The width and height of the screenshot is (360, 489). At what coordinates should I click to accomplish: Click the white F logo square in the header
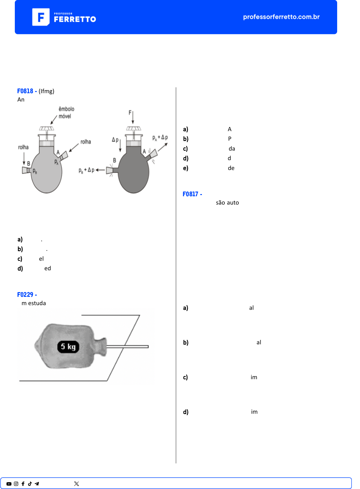point(41,17)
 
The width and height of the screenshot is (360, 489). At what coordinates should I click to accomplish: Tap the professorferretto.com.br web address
point(281,17)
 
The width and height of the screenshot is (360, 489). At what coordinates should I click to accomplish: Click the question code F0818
point(25,91)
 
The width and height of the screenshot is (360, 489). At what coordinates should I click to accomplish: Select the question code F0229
point(25,295)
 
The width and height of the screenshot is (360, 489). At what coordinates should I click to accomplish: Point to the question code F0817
point(190,194)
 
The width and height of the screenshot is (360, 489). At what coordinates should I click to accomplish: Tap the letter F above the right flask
point(130,113)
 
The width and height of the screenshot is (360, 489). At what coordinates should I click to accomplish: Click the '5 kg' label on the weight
point(68,346)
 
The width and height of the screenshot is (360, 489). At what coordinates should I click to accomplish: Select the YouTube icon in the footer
point(9,484)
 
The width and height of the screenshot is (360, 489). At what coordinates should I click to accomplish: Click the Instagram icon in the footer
point(16,484)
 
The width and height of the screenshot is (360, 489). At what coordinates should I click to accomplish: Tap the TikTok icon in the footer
point(30,484)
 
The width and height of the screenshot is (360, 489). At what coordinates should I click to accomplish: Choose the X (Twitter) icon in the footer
point(77,484)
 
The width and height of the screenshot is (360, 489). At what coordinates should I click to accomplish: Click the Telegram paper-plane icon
point(37,484)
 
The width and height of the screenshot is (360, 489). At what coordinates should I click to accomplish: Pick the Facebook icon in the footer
point(23,484)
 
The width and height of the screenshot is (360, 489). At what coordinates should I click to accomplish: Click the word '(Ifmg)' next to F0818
point(46,91)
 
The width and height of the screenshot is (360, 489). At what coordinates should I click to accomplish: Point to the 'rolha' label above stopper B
point(23,147)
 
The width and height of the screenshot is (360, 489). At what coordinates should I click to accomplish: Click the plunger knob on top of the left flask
point(47,128)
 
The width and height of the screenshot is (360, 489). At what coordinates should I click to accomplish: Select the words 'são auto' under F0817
point(227,203)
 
